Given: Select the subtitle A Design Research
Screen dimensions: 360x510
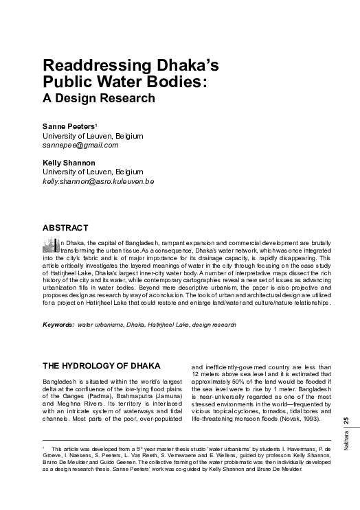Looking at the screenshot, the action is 99,97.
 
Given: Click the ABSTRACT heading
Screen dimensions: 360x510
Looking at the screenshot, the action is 65,227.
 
